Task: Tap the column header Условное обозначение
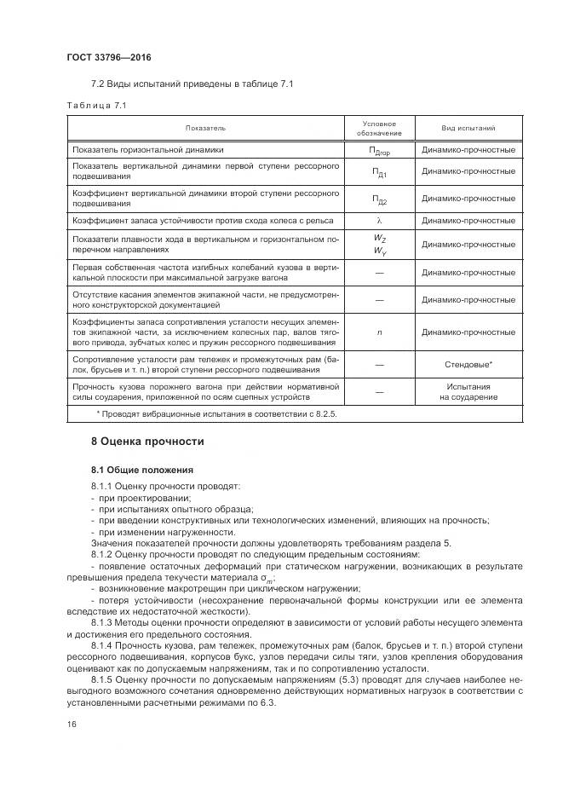coord(380,128)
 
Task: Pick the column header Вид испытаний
coord(468,128)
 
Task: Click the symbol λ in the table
coord(380,221)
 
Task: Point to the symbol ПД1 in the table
coord(380,174)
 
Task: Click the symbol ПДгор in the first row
coord(380,151)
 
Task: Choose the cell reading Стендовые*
coord(468,365)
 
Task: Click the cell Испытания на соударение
coord(468,391)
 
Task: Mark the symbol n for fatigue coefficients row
coord(380,332)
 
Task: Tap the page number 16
coord(72,724)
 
